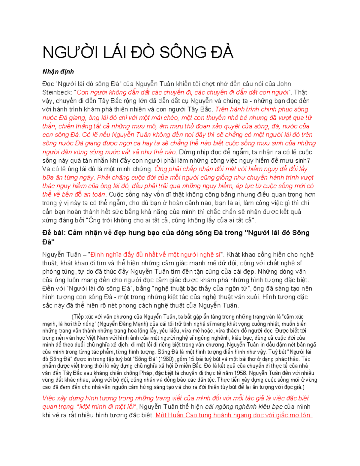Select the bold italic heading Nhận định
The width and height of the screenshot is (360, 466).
tap(58, 72)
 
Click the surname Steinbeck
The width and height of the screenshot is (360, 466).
tap(57, 92)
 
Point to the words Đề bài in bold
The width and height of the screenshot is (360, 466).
tap(53, 233)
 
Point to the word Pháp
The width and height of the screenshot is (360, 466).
tap(146, 373)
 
